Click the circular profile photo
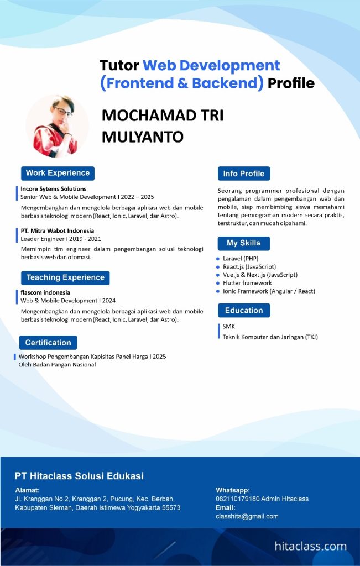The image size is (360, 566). [57, 126]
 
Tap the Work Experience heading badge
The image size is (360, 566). [58, 173]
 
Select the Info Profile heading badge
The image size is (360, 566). [244, 174]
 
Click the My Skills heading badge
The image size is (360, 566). [243, 243]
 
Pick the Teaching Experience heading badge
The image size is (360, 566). [65, 277]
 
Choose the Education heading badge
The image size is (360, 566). [244, 311]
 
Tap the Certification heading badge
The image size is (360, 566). [48, 343]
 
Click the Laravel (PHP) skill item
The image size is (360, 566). [241, 258]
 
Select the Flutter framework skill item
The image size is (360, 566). [247, 283]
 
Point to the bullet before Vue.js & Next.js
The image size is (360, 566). [218, 275]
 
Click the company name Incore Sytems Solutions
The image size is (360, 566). [54, 189]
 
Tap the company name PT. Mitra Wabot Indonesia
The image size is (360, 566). [58, 230]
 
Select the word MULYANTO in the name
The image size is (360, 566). [143, 136]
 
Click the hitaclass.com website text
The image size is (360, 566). [311, 547]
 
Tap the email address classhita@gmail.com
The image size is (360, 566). [247, 516]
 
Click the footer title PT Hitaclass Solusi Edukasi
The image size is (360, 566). [79, 476]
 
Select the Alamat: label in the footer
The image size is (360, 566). [28, 490]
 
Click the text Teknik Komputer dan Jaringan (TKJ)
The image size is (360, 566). [270, 337]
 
